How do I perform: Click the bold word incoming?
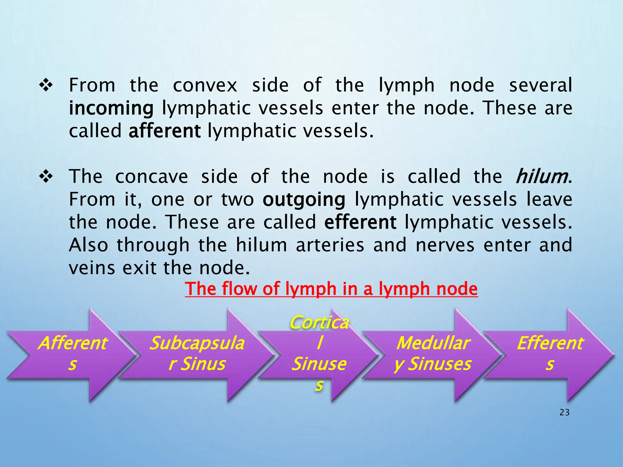tap(111, 108)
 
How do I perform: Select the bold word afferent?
tap(164, 131)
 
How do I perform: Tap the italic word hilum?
tap(541, 176)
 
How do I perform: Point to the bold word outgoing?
tap(304, 200)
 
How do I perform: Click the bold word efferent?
tap(360, 222)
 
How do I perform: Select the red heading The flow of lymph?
tap(331, 289)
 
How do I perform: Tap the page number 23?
tap(564, 412)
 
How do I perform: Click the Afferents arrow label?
tap(72, 353)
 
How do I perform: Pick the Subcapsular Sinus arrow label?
tap(197, 353)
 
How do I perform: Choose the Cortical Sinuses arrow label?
tap(319, 353)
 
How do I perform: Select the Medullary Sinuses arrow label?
tap(433, 353)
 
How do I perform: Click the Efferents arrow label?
tap(550, 353)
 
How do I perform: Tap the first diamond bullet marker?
tap(46, 85)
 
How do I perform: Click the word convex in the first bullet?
tap(205, 85)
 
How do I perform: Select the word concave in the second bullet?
tap(151, 177)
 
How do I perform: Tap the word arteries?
tap(330, 245)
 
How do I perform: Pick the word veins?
tap(92, 268)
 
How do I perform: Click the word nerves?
tap(445, 245)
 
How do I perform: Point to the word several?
tap(541, 85)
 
